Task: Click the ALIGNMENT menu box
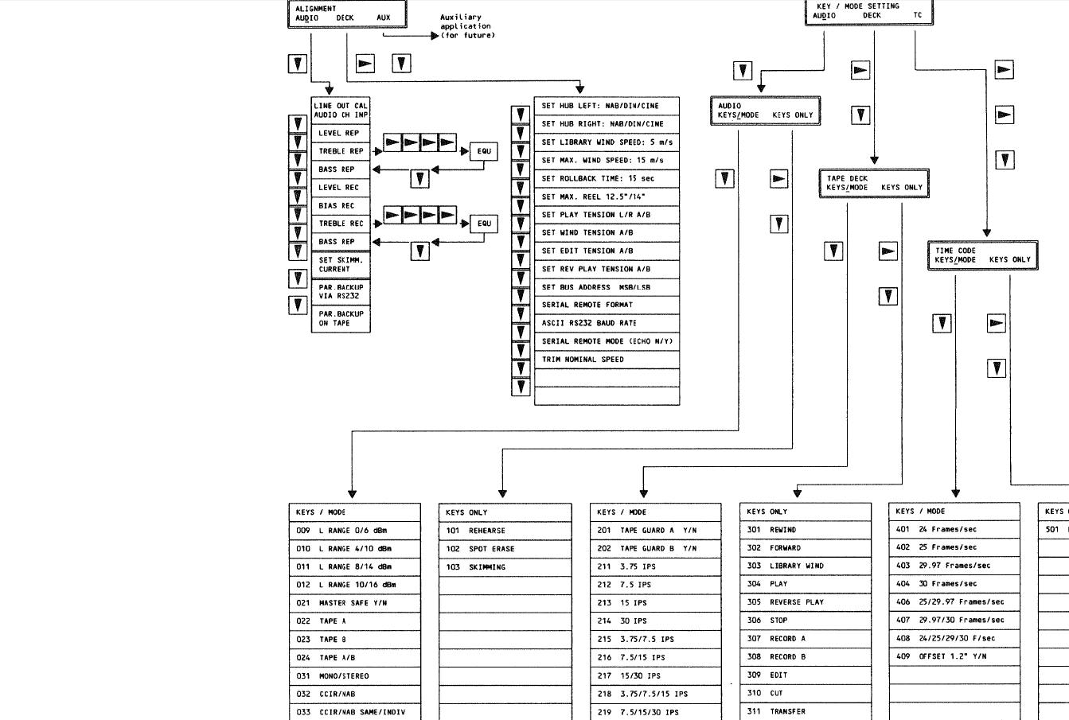point(347,14)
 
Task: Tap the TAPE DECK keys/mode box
point(874,183)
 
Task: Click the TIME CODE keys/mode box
point(982,255)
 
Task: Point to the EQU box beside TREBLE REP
point(484,151)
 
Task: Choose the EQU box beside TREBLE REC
point(484,224)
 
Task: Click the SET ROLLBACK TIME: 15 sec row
point(607,178)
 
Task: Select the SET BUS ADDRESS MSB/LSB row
point(607,287)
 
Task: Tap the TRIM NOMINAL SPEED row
point(607,360)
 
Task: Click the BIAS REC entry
point(341,205)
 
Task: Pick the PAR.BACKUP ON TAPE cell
point(341,319)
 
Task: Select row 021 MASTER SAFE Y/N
point(354,603)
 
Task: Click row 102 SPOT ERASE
point(505,549)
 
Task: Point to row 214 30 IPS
point(655,621)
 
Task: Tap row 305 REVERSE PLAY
point(805,602)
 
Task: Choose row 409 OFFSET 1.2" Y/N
point(954,656)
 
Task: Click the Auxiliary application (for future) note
point(467,26)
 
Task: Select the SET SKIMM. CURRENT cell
point(341,265)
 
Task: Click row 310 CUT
point(805,693)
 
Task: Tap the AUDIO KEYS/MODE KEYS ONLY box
point(765,111)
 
